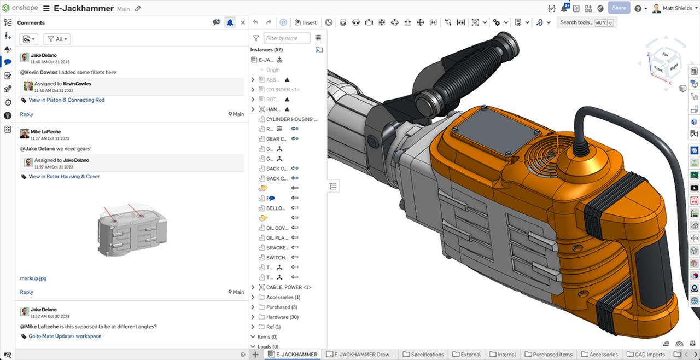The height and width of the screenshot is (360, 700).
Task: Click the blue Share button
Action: pyautogui.click(x=619, y=8)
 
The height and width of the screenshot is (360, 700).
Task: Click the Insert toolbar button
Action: pyautogui.click(x=306, y=22)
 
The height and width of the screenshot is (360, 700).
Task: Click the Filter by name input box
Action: pyautogui.click(x=287, y=38)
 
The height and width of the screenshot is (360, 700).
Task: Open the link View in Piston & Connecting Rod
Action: pyautogui.click(x=66, y=100)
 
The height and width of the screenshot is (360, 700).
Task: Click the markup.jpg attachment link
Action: pyautogui.click(x=33, y=278)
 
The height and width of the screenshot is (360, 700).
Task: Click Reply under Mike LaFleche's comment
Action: pyautogui.click(x=26, y=292)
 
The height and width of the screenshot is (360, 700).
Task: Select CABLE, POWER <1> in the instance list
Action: pyautogui.click(x=288, y=287)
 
